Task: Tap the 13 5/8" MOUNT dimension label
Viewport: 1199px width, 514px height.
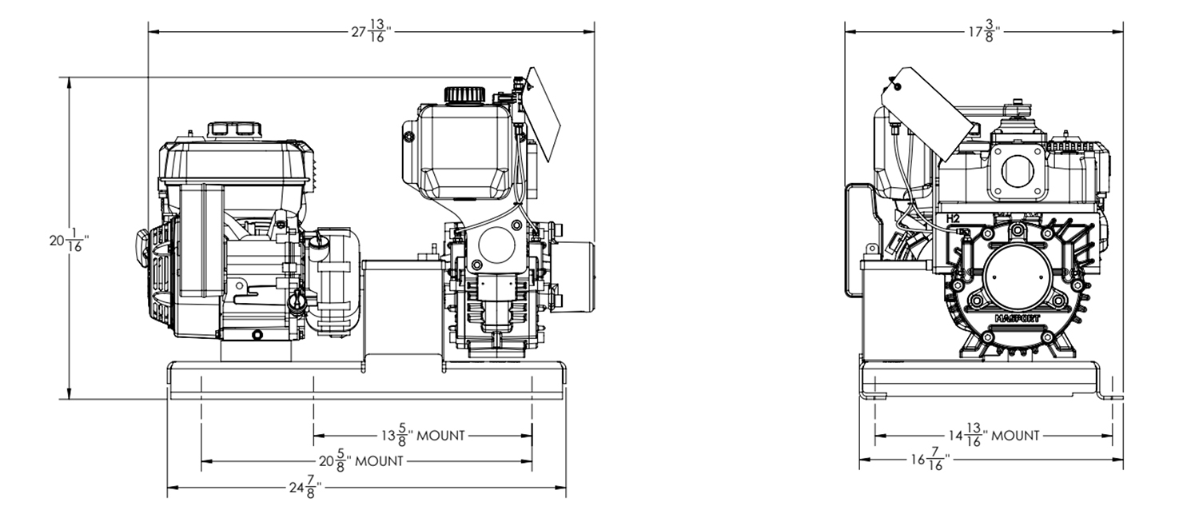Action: [422, 436]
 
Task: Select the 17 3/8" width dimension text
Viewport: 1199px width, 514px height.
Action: [982, 33]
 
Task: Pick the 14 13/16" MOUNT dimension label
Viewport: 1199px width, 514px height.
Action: [994, 436]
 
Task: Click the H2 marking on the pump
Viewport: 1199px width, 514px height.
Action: [953, 217]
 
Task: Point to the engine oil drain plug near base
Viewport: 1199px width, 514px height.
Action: [256, 333]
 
